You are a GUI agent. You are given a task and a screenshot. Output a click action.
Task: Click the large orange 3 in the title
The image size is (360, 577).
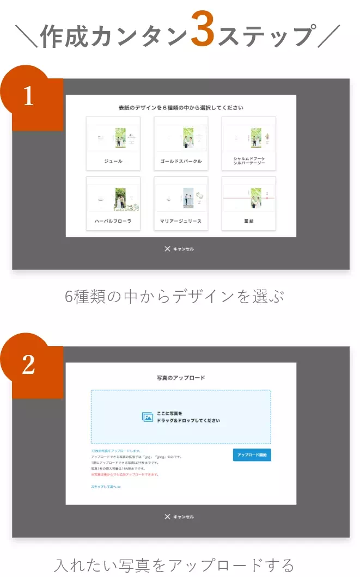click(202, 34)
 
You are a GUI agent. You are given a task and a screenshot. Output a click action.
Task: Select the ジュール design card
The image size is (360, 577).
click(113, 143)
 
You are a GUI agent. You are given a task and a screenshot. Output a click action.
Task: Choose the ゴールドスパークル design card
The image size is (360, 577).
click(181, 143)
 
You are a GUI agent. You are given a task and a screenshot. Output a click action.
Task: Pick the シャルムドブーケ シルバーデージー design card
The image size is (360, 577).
click(248, 143)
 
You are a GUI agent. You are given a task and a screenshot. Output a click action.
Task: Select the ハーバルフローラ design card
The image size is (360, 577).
click(113, 203)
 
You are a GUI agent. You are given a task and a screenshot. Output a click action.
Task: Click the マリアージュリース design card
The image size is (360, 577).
click(181, 203)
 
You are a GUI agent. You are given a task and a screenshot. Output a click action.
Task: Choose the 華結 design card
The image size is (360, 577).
click(248, 203)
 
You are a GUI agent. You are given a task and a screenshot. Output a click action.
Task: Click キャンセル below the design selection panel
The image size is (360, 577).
click(179, 249)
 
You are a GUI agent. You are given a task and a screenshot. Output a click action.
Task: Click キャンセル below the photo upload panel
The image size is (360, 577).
click(179, 517)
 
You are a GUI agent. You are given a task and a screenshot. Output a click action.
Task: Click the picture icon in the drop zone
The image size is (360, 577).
click(148, 417)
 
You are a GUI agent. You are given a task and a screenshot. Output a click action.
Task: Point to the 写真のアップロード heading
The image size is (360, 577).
click(180, 377)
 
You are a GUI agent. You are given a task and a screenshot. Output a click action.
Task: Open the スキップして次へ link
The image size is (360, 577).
click(106, 487)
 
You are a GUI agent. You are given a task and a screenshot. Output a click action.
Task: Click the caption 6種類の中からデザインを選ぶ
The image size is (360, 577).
click(175, 297)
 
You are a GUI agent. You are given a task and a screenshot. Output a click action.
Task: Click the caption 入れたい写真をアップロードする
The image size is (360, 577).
click(175, 564)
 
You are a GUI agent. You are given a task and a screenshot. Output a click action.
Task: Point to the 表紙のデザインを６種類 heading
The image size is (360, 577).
click(180, 108)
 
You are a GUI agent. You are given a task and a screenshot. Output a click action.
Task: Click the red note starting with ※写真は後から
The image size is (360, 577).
click(125, 474)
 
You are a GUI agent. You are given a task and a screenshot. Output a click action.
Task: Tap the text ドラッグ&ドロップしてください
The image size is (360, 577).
click(188, 421)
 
